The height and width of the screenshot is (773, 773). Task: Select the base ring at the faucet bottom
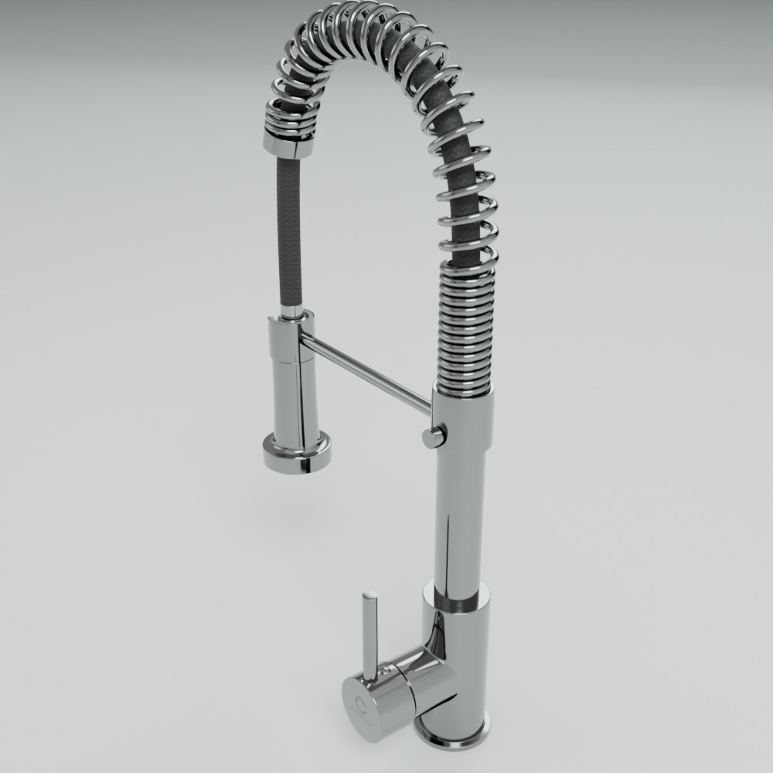click(452, 734)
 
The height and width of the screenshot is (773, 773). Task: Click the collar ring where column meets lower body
click(456, 599)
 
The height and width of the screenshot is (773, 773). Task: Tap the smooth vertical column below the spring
click(459, 502)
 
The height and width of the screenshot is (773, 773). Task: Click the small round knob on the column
click(434, 436)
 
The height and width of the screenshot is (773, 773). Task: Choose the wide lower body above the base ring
click(456, 665)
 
